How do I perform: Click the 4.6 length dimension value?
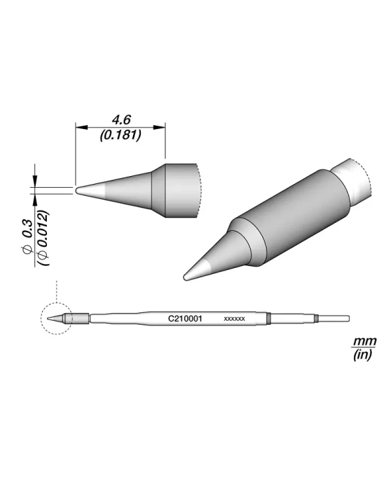[x=121, y=120]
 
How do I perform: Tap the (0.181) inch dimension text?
[x=121, y=135]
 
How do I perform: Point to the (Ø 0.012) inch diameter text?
[x=43, y=238]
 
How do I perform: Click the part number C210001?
[x=185, y=319]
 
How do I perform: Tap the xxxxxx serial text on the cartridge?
[x=234, y=319]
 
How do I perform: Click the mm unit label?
[x=364, y=341]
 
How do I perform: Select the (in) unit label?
[x=362, y=355]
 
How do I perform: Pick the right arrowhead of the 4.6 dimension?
[x=159, y=127]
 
